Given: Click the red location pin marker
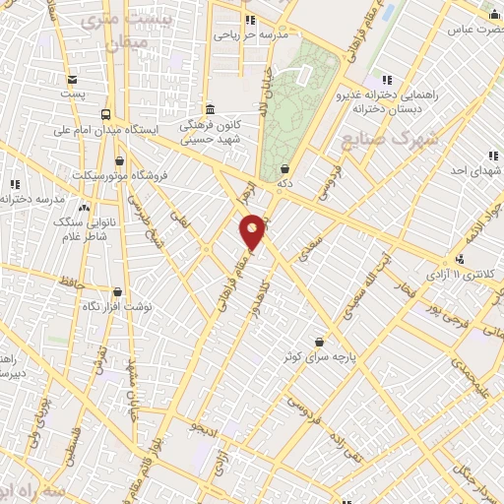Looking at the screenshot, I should (x=253, y=231).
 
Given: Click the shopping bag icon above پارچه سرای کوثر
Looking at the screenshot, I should (x=320, y=340).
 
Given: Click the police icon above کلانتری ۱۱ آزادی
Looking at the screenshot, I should (x=460, y=258).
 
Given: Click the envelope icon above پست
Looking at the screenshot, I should (x=72, y=81).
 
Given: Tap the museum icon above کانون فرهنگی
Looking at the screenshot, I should (x=210, y=109).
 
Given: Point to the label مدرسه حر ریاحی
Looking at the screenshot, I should (x=252, y=34).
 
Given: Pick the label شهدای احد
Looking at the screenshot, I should (x=470, y=170).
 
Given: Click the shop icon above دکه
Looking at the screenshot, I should (x=284, y=168).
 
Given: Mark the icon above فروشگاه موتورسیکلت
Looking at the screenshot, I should (x=120, y=160).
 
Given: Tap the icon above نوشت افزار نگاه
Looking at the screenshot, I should (x=117, y=291).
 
